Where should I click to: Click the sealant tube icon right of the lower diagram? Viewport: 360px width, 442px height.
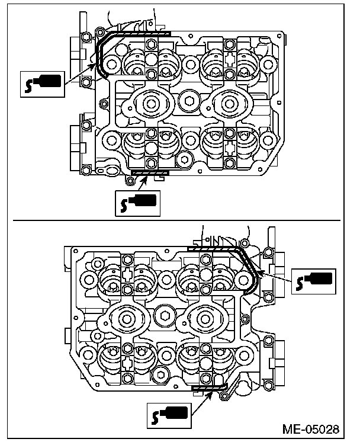point(313,280)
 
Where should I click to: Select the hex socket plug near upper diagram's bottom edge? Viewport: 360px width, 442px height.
point(184,159)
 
